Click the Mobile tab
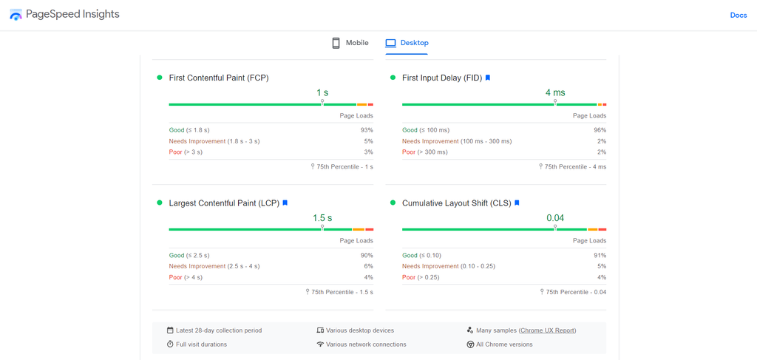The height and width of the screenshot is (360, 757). pos(350,43)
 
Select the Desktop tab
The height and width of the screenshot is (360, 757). pos(407,43)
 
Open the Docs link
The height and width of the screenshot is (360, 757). pos(738,15)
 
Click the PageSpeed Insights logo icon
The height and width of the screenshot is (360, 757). pos(16,15)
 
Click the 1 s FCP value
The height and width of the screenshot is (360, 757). pos(322,93)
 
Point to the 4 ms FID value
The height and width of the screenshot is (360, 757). pos(554,93)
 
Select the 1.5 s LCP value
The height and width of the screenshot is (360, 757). pos(322,218)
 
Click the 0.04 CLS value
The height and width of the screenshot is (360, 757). pos(554,218)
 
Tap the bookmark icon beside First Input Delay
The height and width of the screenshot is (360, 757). pos(488,78)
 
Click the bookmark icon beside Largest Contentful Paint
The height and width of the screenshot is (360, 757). pos(285,203)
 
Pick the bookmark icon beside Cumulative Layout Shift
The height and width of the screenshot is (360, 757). pos(517,203)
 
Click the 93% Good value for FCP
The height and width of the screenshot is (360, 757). pos(367,130)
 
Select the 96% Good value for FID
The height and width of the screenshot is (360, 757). pos(600,130)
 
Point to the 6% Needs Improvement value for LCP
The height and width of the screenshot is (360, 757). pos(368,266)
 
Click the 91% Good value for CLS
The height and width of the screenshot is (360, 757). pos(600,255)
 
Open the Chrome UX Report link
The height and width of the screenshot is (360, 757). pos(547,330)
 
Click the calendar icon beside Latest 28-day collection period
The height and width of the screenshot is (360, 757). pos(170,330)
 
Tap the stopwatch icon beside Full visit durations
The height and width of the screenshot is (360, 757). pos(170,344)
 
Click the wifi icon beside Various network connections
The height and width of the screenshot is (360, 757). pos(320,344)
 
